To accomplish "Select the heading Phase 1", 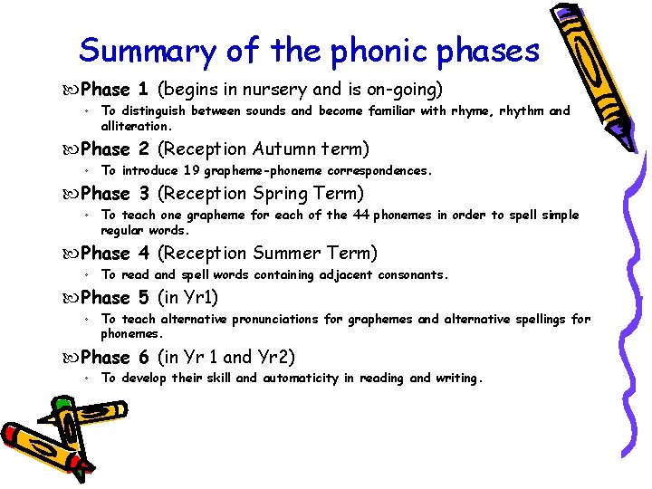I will click(x=114, y=90).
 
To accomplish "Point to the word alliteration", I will click(x=136, y=127).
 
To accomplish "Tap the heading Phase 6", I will click(x=114, y=357).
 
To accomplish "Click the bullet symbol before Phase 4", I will click(x=72, y=254).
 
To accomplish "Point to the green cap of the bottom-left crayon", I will click(x=62, y=405).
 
